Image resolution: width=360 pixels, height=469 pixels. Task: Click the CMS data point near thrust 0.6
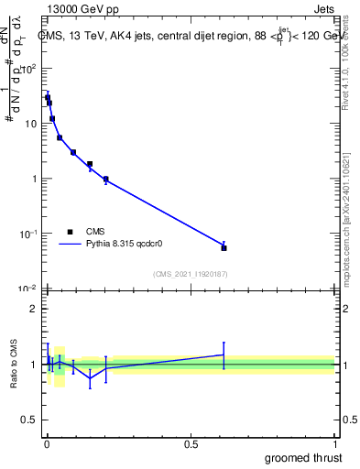click(x=224, y=247)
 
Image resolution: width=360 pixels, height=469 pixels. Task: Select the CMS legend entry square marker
click(x=71, y=232)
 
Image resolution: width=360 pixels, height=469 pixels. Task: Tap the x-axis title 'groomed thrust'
click(x=303, y=457)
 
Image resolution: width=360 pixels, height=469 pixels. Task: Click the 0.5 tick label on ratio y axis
click(x=28, y=421)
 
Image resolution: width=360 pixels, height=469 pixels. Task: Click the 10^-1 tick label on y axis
click(x=29, y=234)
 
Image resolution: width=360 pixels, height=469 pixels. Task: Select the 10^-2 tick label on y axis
click(x=29, y=289)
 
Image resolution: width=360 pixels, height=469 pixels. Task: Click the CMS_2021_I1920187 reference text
click(x=190, y=274)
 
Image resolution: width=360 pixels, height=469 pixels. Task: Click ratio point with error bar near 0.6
click(x=224, y=354)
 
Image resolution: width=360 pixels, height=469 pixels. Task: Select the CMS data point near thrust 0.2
click(x=106, y=180)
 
